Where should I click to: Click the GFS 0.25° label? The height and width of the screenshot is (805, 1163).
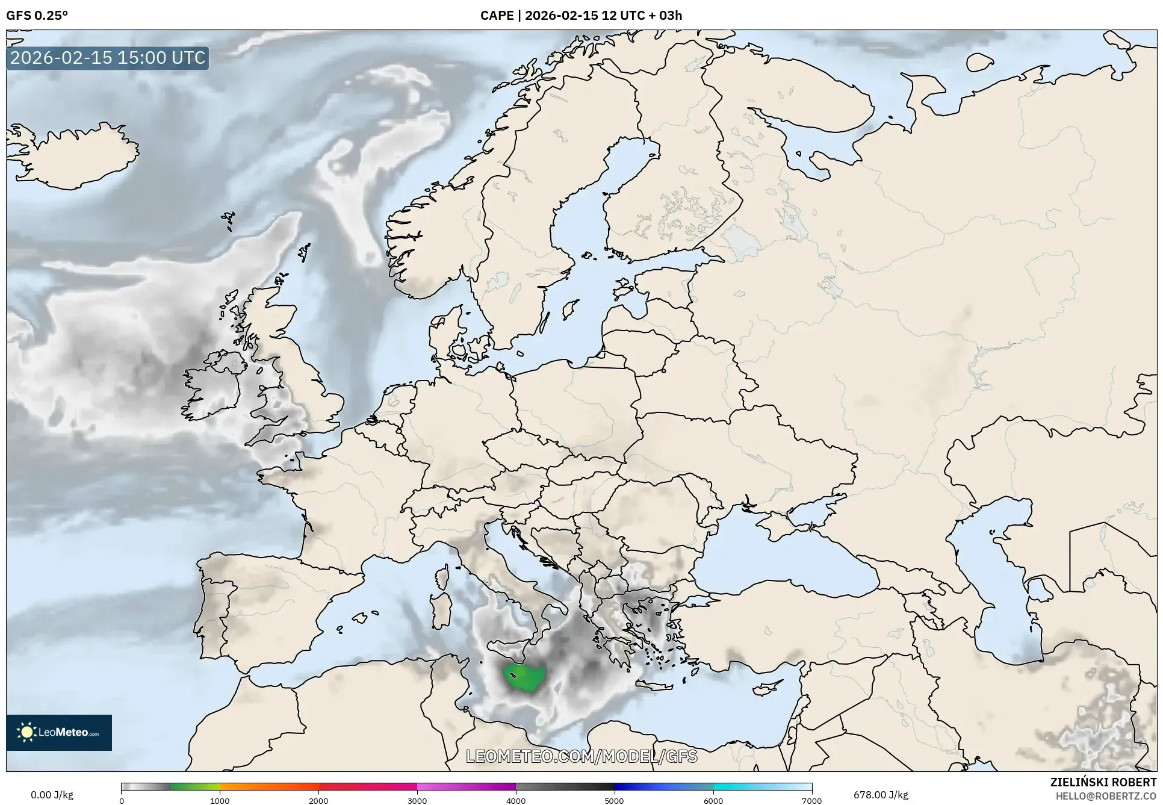(37, 16)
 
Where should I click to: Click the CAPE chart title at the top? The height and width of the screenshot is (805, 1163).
(581, 16)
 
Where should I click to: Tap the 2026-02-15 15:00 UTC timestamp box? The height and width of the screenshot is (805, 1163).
(108, 58)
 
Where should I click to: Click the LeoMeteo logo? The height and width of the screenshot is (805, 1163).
(59, 732)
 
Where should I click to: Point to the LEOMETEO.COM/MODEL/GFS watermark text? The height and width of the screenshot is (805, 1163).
(581, 756)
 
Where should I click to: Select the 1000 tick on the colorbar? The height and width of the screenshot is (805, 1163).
(220, 800)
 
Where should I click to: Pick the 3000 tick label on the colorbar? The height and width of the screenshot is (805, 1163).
(417, 800)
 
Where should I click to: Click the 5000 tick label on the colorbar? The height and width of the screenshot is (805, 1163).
(614, 800)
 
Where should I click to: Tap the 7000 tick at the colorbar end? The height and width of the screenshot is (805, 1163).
(811, 800)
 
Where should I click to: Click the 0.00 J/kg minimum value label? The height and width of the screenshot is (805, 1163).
(52, 795)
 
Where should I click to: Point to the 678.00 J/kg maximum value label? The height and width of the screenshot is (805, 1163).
(881, 795)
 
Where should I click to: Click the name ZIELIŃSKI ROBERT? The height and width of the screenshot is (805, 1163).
(1103, 782)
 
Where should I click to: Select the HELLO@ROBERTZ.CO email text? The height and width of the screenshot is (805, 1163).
(1106, 796)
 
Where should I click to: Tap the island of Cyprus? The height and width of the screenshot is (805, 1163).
(768, 687)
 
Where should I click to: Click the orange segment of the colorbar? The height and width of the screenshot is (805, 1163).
(268, 786)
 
